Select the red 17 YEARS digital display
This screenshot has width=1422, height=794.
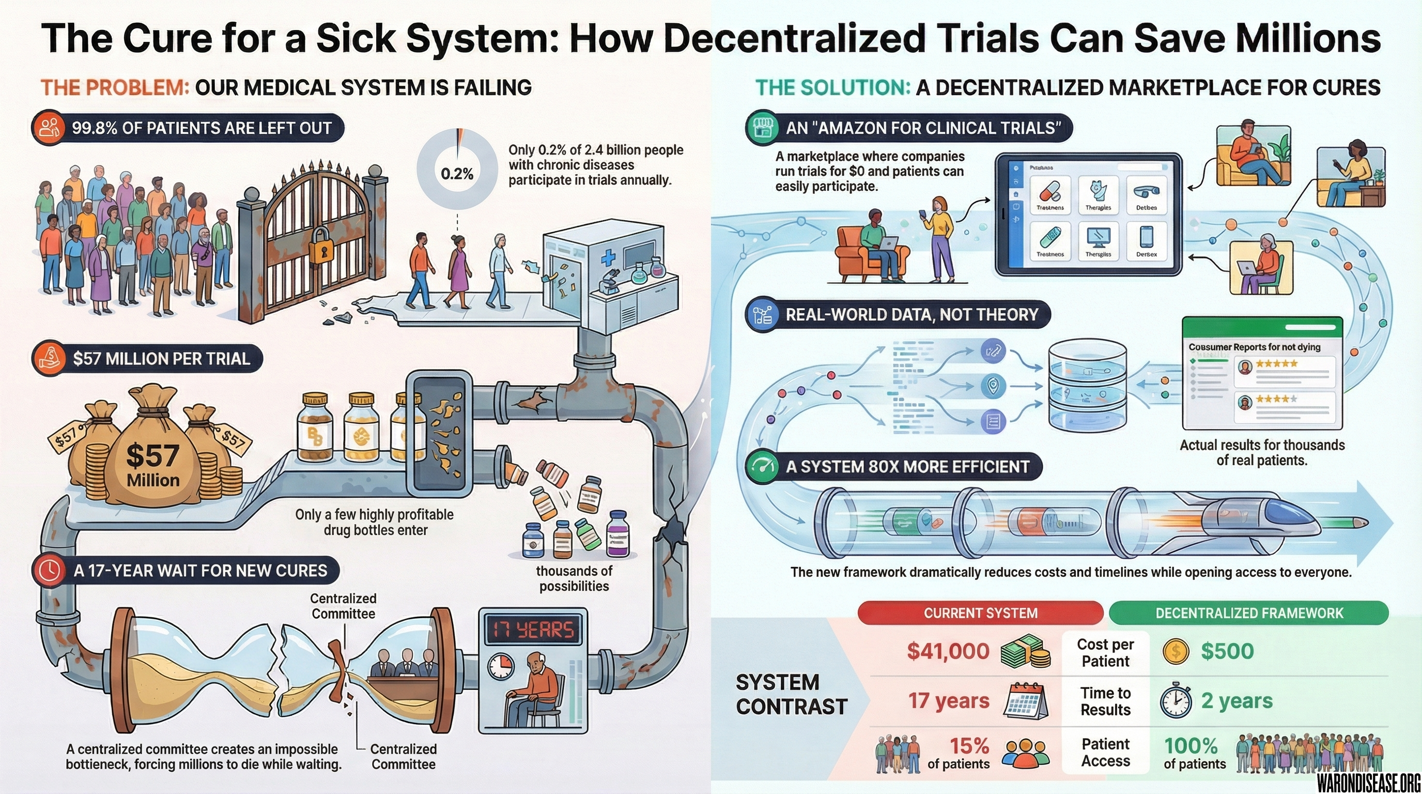(533, 630)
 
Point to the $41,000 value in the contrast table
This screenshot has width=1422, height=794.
(948, 651)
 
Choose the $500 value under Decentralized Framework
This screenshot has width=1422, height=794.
(1227, 651)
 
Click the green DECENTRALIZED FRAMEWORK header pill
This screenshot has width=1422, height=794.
(1249, 613)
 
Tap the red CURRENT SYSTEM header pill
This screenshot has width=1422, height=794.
(980, 613)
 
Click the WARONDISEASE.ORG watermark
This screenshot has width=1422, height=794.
(1368, 782)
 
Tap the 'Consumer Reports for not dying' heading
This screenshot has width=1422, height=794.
(1254, 347)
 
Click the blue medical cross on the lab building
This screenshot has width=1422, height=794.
(608, 257)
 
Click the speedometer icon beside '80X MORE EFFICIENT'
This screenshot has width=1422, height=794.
(762, 467)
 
